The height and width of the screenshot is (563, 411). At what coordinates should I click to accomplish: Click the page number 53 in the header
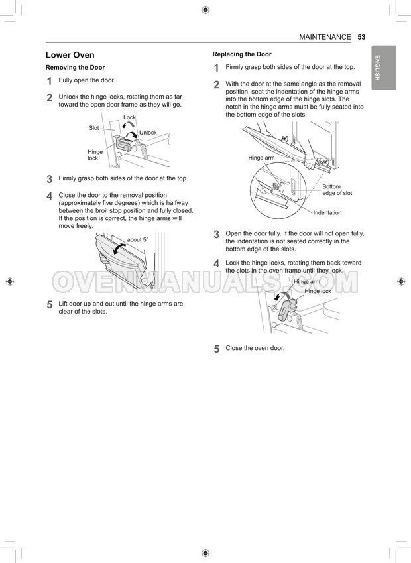coord(361,37)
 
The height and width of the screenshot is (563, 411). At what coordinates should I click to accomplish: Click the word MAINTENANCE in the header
coord(325,37)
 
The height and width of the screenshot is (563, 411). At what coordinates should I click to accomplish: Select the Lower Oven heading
coord(70,55)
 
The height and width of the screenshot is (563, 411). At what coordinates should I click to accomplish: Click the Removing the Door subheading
coord(75,68)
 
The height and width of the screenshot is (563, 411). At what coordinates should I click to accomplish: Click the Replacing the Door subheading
coord(242,54)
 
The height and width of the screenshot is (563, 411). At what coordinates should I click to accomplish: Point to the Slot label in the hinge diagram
coord(94,127)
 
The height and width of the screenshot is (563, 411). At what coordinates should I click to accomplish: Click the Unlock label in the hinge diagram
coord(148,133)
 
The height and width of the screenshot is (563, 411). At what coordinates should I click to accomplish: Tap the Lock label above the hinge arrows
coord(129,117)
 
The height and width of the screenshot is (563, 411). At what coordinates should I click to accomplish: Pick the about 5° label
coord(137,239)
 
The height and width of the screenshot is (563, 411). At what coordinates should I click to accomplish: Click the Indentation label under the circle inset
coord(327,213)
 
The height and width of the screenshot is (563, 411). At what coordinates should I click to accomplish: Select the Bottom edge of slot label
coord(337,190)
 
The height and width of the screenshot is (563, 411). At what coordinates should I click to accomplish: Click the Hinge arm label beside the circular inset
coord(261,158)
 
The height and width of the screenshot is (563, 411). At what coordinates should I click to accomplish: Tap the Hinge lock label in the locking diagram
coord(318,292)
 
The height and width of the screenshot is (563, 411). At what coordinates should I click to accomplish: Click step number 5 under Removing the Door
coord(50,305)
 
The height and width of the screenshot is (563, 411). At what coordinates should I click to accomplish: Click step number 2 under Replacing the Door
coord(217,85)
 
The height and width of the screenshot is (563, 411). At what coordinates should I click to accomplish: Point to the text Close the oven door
coord(255,348)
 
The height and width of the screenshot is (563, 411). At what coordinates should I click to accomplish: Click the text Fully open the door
coord(87,80)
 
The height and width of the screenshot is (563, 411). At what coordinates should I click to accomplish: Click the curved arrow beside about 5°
coord(119,248)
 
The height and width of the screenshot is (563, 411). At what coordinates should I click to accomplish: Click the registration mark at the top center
coord(205,9)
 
